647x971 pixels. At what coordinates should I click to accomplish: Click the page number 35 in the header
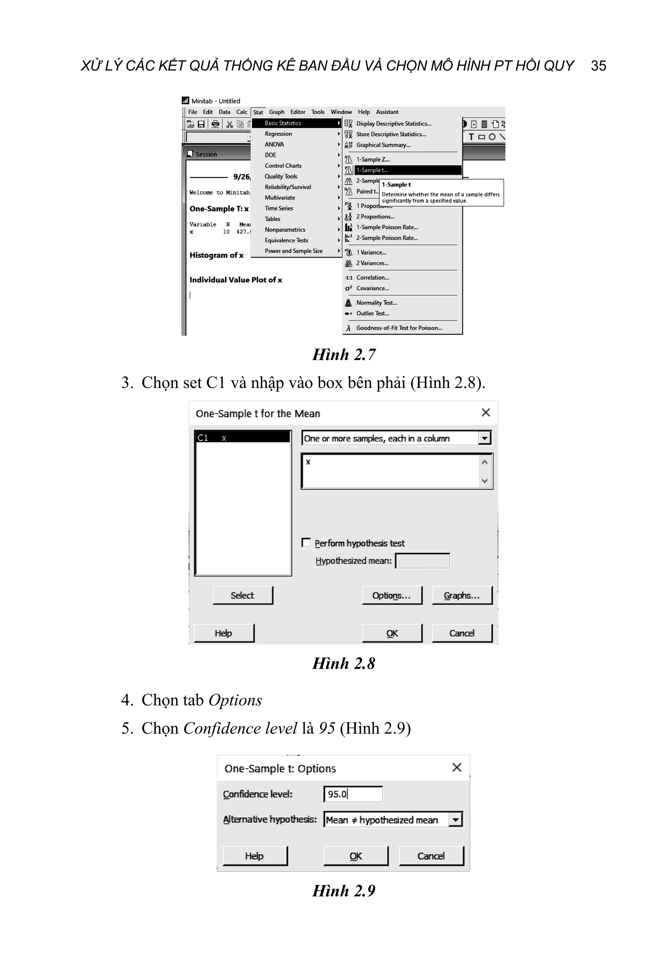[x=598, y=66]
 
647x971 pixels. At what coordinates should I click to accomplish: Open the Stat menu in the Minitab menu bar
[x=258, y=112]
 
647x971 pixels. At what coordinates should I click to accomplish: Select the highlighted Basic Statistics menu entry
[x=283, y=123]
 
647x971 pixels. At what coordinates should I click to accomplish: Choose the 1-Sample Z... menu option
[x=372, y=159]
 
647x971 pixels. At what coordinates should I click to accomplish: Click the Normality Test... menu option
[x=376, y=302]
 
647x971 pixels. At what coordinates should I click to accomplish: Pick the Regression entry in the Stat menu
[x=278, y=134]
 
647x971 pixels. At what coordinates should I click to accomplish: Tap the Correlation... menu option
[x=372, y=278]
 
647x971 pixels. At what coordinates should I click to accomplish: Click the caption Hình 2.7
[x=343, y=355]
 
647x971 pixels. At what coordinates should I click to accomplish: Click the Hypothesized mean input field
[x=422, y=561]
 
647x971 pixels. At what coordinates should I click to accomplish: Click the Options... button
[x=392, y=595]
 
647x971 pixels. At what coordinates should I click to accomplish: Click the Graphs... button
[x=462, y=595]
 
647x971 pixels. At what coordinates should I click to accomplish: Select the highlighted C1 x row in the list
[x=242, y=437]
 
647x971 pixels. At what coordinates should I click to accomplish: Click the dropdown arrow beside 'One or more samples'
[x=484, y=438]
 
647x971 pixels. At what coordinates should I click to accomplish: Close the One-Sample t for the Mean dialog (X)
[x=486, y=412]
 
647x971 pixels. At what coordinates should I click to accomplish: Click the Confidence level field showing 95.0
[x=353, y=794]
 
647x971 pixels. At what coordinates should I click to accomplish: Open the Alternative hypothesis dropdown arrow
[x=456, y=820]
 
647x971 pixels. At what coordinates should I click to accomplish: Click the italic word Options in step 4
[x=235, y=700]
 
